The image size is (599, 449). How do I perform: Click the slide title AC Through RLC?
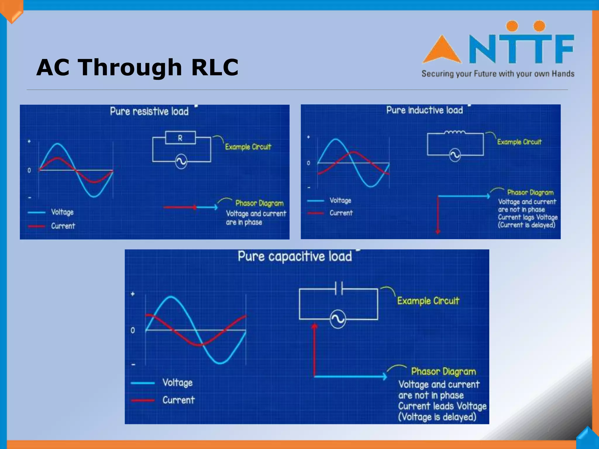pyautogui.click(x=137, y=67)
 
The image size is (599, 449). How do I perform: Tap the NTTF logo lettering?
pyautogui.click(x=521, y=48)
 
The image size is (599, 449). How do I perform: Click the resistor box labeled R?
pyautogui.click(x=180, y=138)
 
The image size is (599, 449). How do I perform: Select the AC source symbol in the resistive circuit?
pyautogui.click(x=181, y=161)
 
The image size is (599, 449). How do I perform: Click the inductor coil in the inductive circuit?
pyautogui.click(x=455, y=132)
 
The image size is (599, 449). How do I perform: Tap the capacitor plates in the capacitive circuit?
pyautogui.click(x=339, y=288)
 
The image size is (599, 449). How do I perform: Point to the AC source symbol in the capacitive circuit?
pyautogui.click(x=338, y=319)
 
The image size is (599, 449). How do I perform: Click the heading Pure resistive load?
pyautogui.click(x=149, y=111)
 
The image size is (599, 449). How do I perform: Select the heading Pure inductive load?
pyautogui.click(x=424, y=110)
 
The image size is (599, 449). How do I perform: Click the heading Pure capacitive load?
pyautogui.click(x=295, y=256)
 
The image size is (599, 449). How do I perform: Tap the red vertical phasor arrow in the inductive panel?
pyautogui.click(x=438, y=215)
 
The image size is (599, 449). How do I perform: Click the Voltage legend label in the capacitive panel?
pyautogui.click(x=177, y=383)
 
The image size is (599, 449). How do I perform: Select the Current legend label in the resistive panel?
pyautogui.click(x=63, y=226)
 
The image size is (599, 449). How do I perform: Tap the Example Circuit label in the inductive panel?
pyautogui.click(x=519, y=142)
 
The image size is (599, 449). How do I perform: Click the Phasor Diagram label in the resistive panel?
pyautogui.click(x=259, y=203)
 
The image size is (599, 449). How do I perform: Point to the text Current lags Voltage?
pyautogui.click(x=528, y=217)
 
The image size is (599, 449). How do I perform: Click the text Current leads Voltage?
pyautogui.click(x=442, y=406)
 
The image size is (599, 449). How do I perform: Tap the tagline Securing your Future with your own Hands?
pyautogui.click(x=498, y=74)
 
